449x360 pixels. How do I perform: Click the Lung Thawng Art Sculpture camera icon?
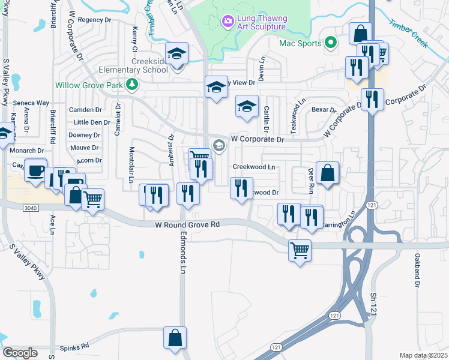tap(228, 22)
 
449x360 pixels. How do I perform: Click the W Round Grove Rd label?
tap(187, 224)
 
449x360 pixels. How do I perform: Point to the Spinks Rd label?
tap(74, 346)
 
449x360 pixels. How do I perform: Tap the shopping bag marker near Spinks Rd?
tap(175, 337)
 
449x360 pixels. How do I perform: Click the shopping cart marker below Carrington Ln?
tap(300, 250)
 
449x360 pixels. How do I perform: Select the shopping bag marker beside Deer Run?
tap(327, 173)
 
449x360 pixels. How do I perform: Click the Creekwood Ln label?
tap(253, 167)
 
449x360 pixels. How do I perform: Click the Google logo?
tap(20, 352)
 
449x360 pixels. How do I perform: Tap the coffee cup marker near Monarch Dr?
tap(36, 170)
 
